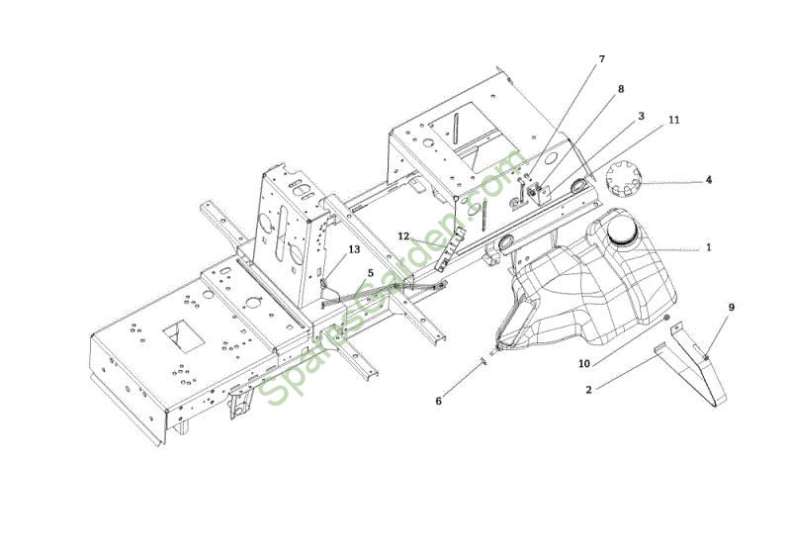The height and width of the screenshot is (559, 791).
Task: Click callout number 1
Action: [x=708, y=247]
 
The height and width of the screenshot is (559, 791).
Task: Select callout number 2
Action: [x=588, y=390]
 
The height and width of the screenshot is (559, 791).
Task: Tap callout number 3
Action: [x=641, y=116]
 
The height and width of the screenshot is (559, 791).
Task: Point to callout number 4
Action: [x=708, y=180]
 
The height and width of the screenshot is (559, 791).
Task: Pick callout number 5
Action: [x=371, y=273]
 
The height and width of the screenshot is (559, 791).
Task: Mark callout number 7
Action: [x=601, y=59]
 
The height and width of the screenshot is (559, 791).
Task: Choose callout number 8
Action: [x=621, y=89]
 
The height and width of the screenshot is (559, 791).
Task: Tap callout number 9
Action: [x=732, y=307]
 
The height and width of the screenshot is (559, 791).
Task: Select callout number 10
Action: [x=583, y=363]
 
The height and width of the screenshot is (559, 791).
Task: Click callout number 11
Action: [x=674, y=120]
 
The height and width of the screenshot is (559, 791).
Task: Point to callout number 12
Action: [x=403, y=236]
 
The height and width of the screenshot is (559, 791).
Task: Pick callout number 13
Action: [x=354, y=249]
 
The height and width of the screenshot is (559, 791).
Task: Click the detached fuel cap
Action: [x=624, y=179]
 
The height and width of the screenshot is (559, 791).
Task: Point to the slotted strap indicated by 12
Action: [x=451, y=248]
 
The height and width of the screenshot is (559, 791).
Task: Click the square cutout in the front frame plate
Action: [x=184, y=335]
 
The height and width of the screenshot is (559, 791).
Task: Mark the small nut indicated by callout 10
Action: [x=666, y=318]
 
